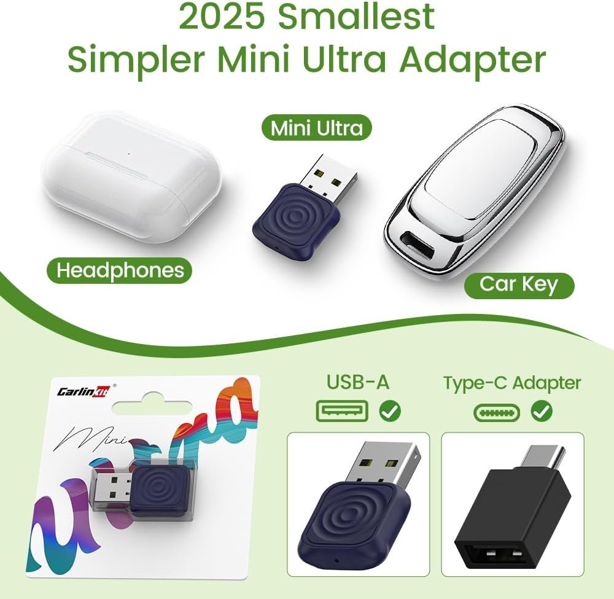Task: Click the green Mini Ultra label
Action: [x=316, y=127]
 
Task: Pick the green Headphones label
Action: [x=120, y=270]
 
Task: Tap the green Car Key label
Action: [x=519, y=285]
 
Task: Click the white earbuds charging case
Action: [x=131, y=176]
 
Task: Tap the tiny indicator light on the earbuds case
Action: [x=128, y=154]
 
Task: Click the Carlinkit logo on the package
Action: [x=84, y=391]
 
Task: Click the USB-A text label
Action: [x=357, y=382]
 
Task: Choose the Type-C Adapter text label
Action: [x=512, y=383]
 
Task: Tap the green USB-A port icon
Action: [x=342, y=411]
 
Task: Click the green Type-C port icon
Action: [x=497, y=413]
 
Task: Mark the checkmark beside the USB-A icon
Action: [x=390, y=412]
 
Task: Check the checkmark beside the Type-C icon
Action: [x=542, y=412]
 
